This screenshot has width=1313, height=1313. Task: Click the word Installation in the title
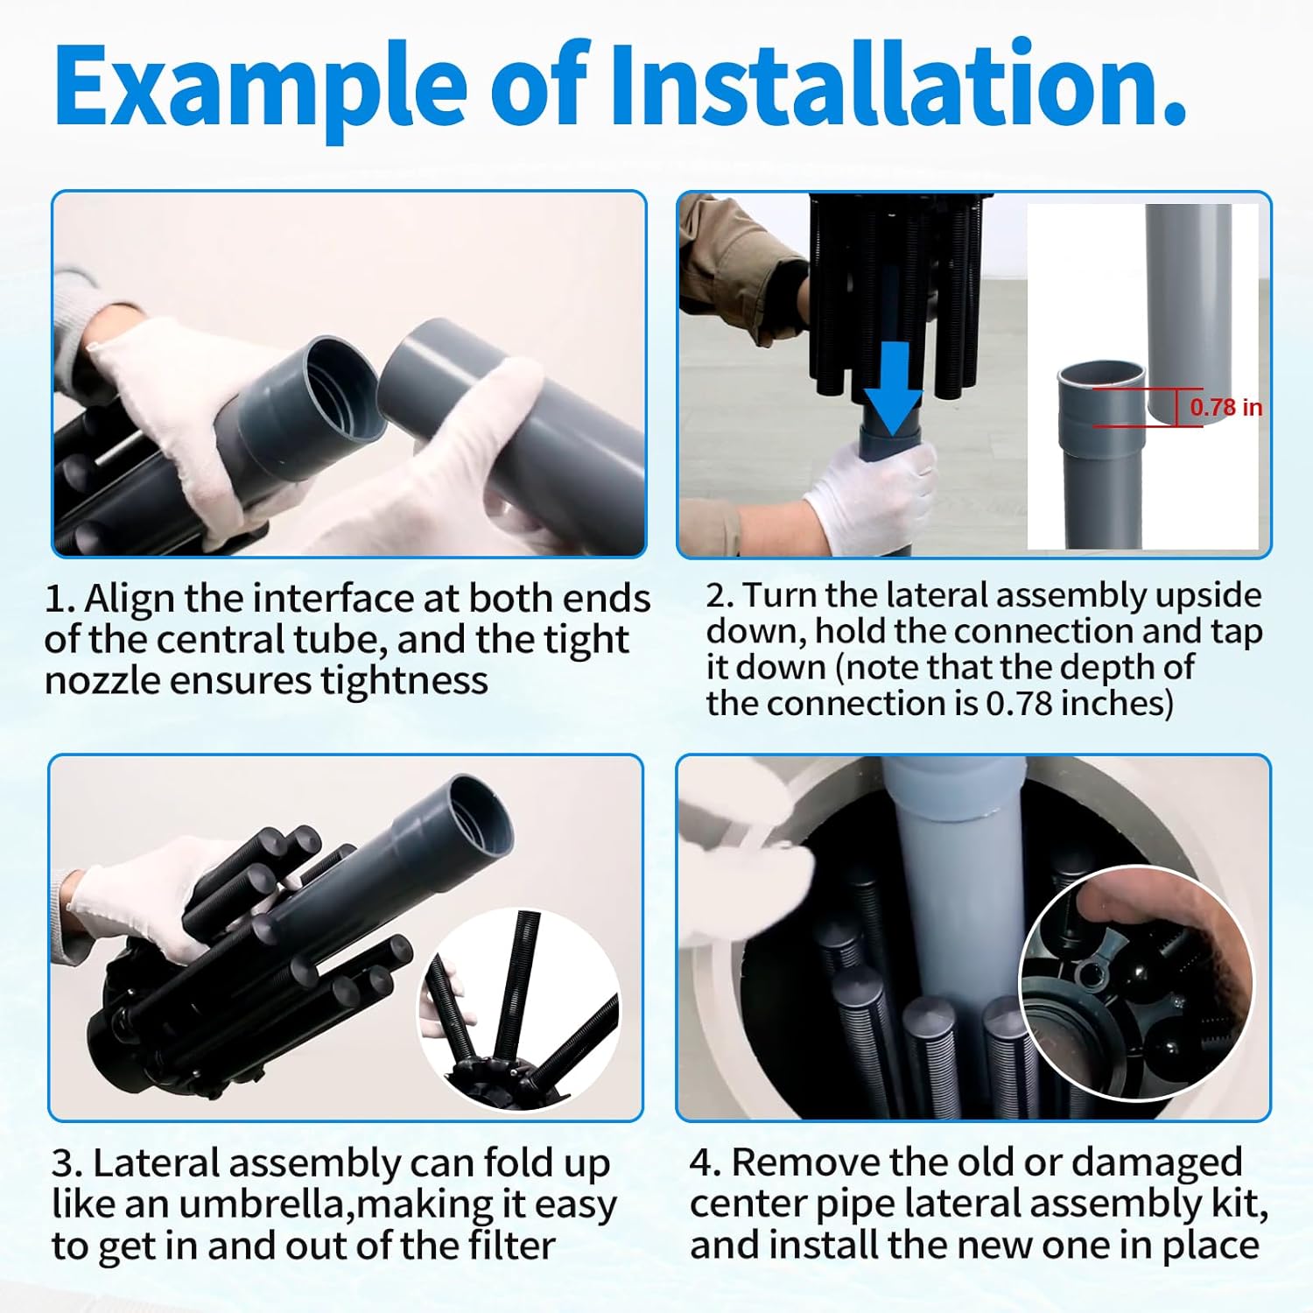click(x=897, y=84)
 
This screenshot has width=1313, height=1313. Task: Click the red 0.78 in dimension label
click(x=1225, y=407)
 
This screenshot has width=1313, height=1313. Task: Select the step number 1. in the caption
click(x=60, y=600)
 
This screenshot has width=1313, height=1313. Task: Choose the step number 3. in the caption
click(x=67, y=1164)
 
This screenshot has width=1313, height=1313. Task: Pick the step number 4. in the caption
click(x=705, y=1162)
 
